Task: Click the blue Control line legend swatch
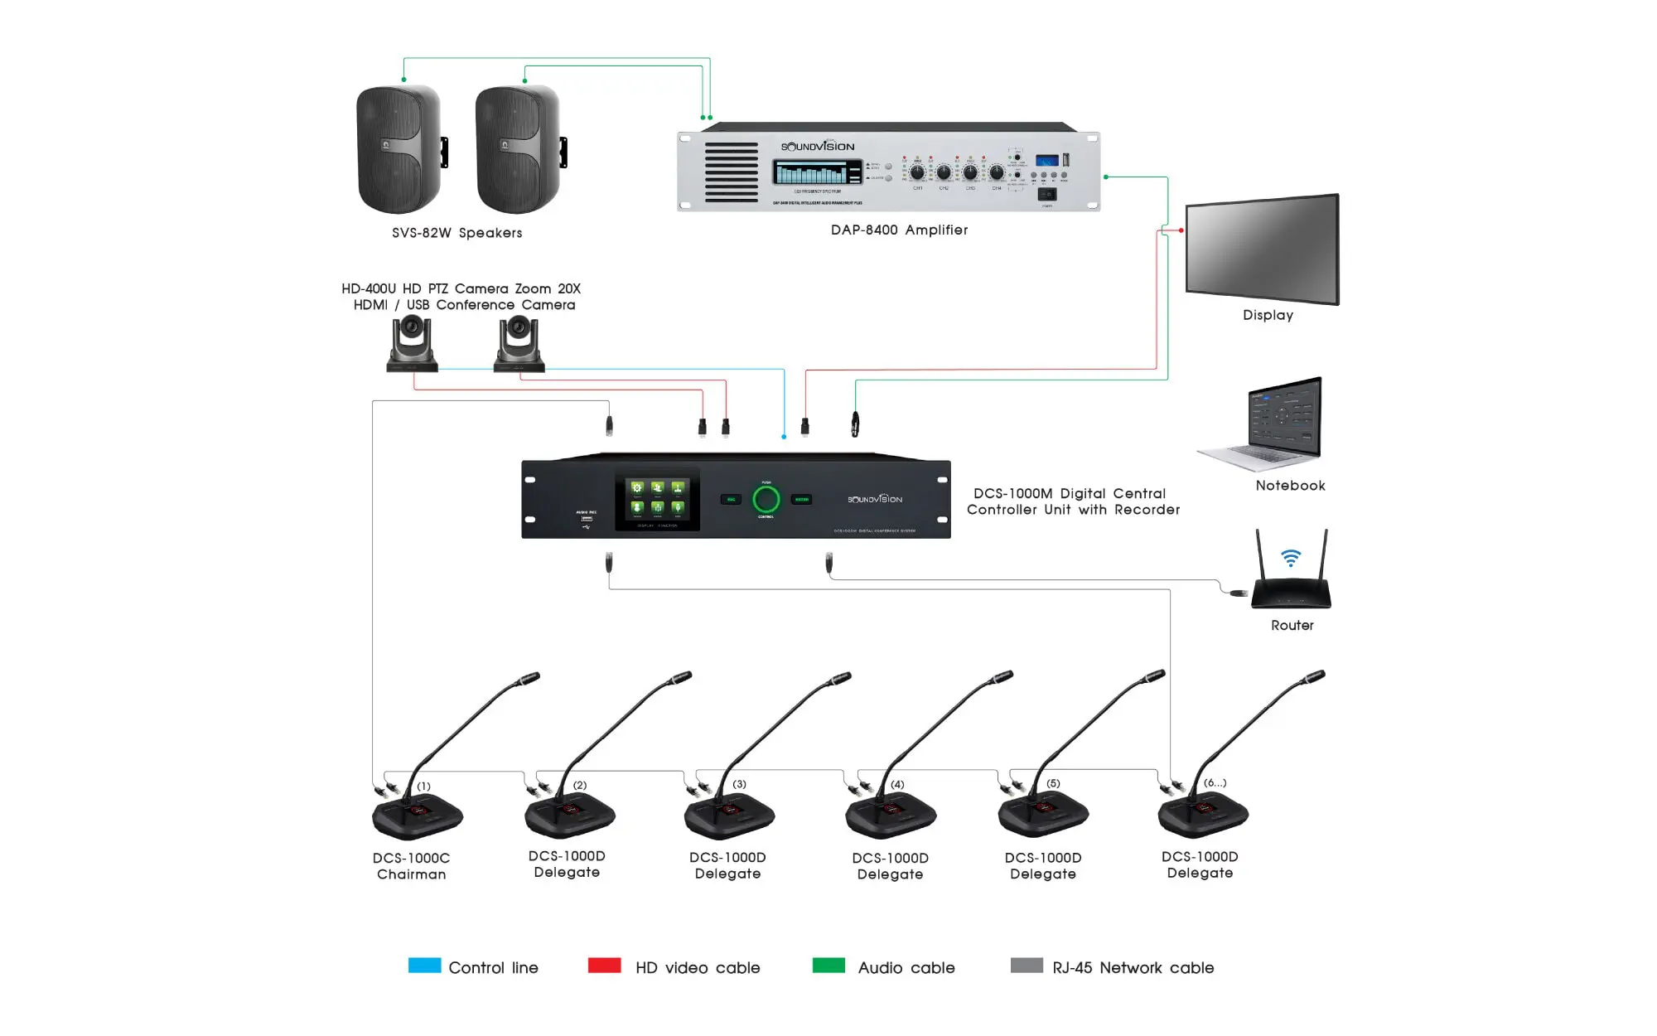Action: [x=424, y=966]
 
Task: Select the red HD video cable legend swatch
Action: [x=604, y=966]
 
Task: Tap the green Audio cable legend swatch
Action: [x=828, y=966]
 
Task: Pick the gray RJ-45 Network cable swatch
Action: [x=1027, y=966]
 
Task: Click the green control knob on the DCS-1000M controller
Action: [x=766, y=499]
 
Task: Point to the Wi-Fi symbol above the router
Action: [x=1290, y=558]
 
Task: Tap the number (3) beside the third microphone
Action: [x=739, y=784]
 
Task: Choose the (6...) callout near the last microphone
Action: [x=1215, y=782]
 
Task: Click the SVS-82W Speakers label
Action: [x=457, y=233]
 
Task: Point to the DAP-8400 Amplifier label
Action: [x=899, y=230]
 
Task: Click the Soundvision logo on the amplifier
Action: [x=817, y=147]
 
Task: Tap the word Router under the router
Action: [x=1292, y=625]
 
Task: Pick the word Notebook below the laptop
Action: [x=1290, y=486]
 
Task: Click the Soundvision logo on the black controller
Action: [x=874, y=499]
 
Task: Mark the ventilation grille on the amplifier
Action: [x=731, y=172]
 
